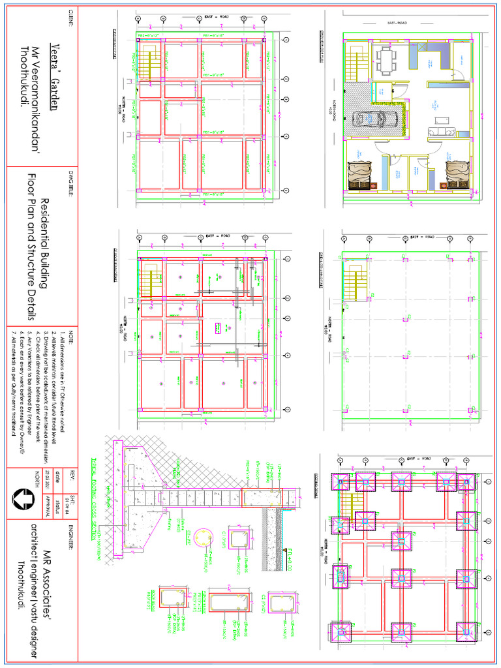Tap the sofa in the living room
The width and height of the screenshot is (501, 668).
point(435,132)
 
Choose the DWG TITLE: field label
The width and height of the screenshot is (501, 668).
point(72,182)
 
